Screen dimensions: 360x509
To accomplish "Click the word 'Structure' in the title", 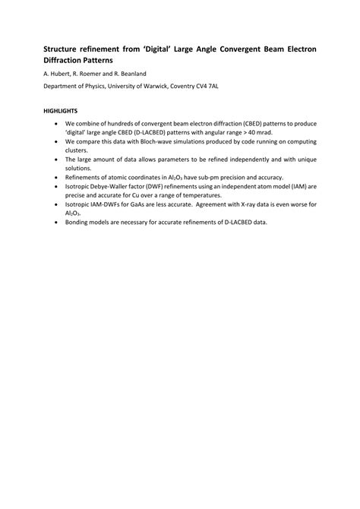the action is coord(63,49).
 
